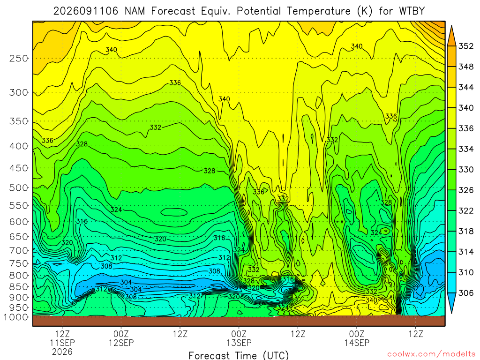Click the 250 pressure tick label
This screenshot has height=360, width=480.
(x=19, y=58)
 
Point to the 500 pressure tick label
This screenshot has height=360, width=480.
(x=19, y=187)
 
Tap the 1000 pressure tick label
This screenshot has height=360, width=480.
(x=16, y=317)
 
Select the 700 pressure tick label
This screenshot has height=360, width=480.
(x=19, y=250)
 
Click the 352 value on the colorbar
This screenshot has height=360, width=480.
(x=466, y=46)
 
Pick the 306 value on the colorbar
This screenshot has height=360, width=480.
(x=466, y=293)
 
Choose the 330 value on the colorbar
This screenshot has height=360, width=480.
(x=466, y=170)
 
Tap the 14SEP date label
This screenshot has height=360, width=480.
(x=357, y=343)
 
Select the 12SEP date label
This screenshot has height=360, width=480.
(x=121, y=343)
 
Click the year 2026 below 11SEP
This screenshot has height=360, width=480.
(x=62, y=352)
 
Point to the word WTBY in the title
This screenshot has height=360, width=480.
(x=412, y=11)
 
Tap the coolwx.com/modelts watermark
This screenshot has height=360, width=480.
(x=431, y=354)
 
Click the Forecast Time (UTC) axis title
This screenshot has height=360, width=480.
(x=239, y=355)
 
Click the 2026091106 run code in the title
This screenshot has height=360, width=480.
(x=86, y=11)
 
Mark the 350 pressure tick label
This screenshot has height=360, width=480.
(x=19, y=121)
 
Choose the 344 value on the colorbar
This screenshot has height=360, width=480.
(x=466, y=87)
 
